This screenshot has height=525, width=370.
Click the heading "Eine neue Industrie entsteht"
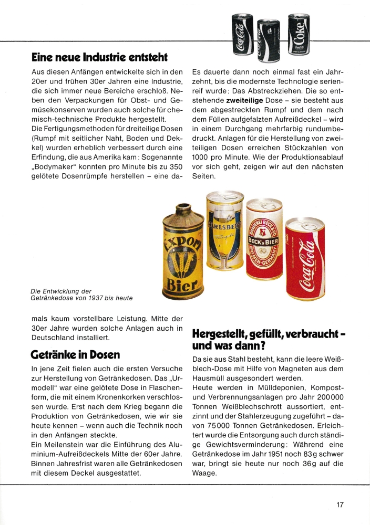coord(99,56)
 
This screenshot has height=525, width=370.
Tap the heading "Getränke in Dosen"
coord(75,355)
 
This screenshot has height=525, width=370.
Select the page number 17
coord(340,505)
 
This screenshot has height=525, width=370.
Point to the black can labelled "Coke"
coord(299,33)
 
